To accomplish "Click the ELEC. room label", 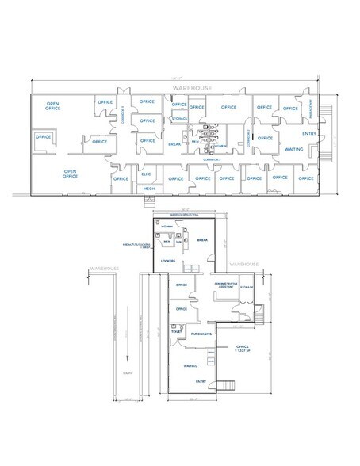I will (147, 174).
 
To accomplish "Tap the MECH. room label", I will (148, 189).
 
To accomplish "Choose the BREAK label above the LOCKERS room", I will (201, 239).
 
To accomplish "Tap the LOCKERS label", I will (167, 260).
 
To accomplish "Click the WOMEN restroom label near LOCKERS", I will (166, 227).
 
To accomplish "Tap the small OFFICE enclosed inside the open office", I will (43, 137).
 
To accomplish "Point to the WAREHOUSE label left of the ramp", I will (105, 269).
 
